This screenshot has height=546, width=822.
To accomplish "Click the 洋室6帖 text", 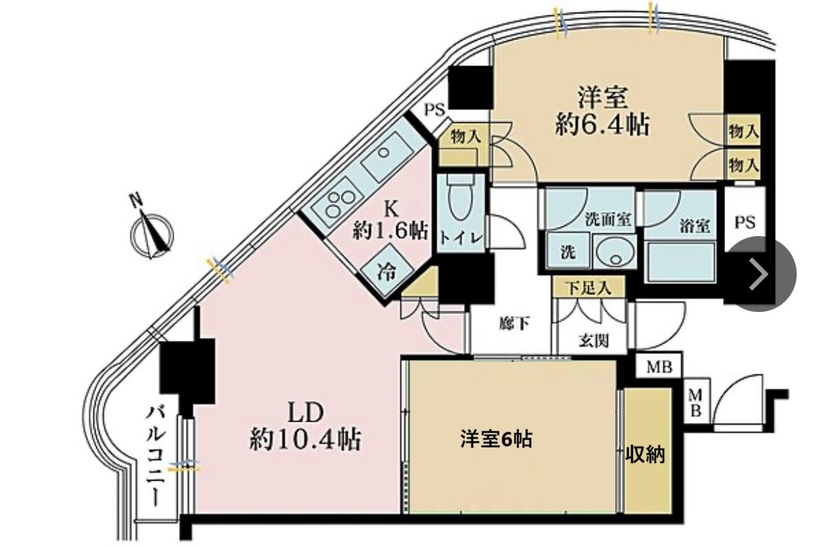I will click(496, 439).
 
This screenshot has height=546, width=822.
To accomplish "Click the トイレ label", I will click(461, 238).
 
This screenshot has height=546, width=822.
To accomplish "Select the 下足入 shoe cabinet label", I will click(587, 287).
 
